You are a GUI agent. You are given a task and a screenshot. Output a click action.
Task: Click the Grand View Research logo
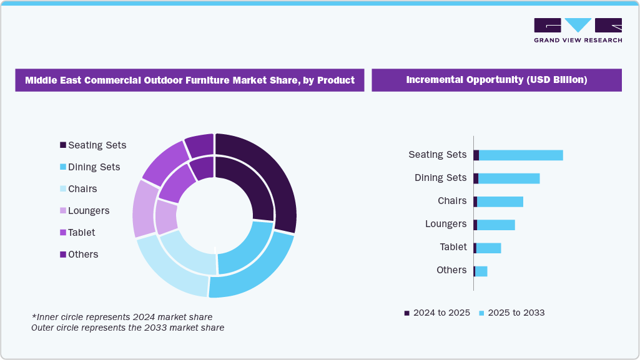click(x=578, y=30)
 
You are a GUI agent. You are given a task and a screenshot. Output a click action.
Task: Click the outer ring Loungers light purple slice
click(x=144, y=209)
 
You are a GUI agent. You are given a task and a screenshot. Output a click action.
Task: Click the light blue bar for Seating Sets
click(x=521, y=155)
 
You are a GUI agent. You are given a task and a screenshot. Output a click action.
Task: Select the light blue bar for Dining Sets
click(x=509, y=178)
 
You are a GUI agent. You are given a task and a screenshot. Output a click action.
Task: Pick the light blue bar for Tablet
click(x=488, y=248)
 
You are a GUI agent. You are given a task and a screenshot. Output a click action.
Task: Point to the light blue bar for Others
click(x=481, y=271)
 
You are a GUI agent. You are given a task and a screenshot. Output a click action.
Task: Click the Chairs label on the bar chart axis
click(x=452, y=201)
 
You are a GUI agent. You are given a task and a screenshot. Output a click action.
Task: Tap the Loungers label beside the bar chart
click(x=446, y=224)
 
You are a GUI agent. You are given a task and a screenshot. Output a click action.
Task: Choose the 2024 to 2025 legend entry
click(x=437, y=313)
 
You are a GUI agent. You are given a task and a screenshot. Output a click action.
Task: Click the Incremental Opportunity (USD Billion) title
click(x=496, y=80)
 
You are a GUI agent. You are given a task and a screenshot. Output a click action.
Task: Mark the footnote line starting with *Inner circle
click(x=122, y=317)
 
